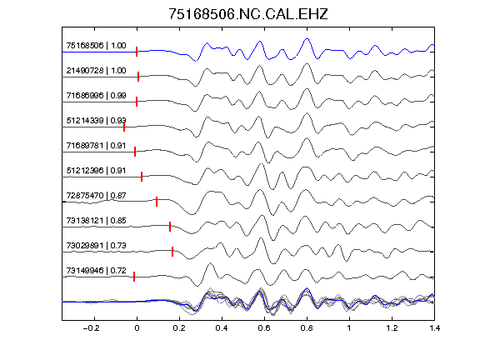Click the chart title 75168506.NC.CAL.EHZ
[x=248, y=14]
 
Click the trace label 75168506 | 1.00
[x=96, y=46]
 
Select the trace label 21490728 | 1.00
[x=96, y=71]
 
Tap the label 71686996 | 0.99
[x=96, y=96]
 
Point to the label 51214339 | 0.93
[x=96, y=121]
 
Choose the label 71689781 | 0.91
[x=96, y=145]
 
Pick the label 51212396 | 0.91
[x=96, y=171]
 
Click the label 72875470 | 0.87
[x=96, y=196]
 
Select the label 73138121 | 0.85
[x=96, y=220]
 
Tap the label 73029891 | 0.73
[x=96, y=246]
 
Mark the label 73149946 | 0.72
[x=96, y=271]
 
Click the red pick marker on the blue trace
[x=137, y=52]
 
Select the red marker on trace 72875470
[x=157, y=202]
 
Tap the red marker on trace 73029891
[x=172, y=252]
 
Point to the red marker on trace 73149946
[x=134, y=277]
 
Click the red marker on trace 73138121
[x=170, y=227]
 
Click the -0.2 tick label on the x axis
[x=91, y=328]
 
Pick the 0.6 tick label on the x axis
[x=264, y=328]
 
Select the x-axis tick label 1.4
[x=434, y=328]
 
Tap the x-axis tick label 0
[x=137, y=328]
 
